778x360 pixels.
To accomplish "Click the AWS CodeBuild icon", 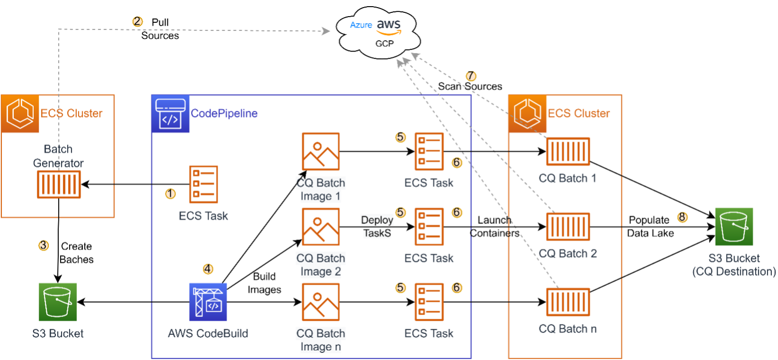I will point(208,302).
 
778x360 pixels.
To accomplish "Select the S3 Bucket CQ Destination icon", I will point(734,226).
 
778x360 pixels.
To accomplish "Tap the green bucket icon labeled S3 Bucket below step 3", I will point(58,302).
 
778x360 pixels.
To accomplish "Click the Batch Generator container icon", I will point(59,184).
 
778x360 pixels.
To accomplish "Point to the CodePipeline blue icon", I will point(170,114).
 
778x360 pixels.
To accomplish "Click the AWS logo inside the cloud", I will point(389,27).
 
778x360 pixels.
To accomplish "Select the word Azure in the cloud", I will point(361,25).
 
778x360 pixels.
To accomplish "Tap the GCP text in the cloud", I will point(385,44).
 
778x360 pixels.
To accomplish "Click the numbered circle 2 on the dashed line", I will point(137,21).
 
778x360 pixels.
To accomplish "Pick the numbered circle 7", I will point(471,76).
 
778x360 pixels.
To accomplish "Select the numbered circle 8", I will point(682,217).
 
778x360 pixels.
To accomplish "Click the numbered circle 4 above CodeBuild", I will point(208,269).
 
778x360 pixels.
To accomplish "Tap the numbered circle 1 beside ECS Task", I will point(170,193).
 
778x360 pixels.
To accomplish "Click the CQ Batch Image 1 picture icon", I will point(321,152).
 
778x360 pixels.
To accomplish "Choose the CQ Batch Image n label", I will point(321,340).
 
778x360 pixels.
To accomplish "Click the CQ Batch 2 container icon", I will point(568,226).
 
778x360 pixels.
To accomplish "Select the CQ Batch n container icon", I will point(568,302).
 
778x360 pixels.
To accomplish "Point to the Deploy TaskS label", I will point(377,226).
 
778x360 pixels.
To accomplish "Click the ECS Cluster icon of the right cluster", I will point(528,114).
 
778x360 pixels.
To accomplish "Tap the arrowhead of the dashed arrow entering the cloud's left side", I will point(326,31).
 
